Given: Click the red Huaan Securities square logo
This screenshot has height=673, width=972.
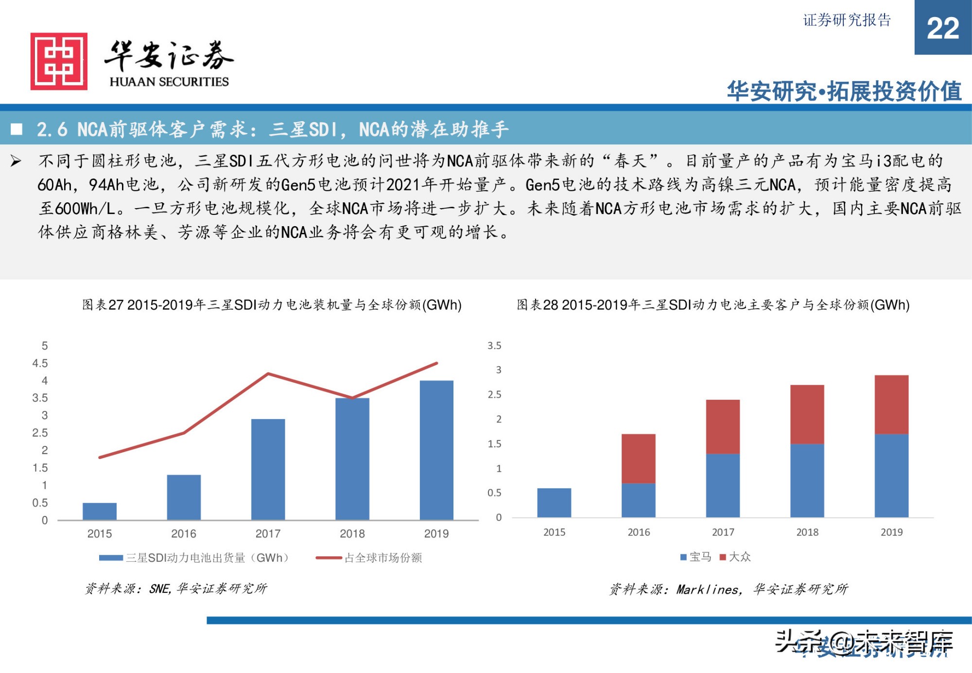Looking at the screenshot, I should coord(59,61).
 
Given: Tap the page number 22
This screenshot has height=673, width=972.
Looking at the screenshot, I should coord(942,28).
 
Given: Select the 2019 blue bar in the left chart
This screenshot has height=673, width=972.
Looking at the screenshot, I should coord(436,450).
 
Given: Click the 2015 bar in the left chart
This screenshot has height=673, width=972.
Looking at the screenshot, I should coord(100,511).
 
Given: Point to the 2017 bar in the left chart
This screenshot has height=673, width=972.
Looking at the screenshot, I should coord(268,469).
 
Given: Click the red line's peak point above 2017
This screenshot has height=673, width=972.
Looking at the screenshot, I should coord(268,373).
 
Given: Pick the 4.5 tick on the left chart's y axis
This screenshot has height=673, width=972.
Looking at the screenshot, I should coord(40,363).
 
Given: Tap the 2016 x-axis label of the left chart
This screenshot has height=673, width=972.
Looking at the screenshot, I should coord(183,533).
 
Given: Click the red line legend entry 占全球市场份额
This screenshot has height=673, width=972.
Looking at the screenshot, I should coord(369,558).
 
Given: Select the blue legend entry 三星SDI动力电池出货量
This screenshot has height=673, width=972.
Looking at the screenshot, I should coord(194,558).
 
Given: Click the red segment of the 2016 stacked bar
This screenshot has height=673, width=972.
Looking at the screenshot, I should coord(638,458).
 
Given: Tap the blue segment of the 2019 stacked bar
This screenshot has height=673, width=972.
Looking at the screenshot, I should coord(891,475).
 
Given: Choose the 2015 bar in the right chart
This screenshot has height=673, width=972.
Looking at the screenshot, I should coord(554,502).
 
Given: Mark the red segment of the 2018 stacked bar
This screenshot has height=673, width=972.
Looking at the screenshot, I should coord(807,414).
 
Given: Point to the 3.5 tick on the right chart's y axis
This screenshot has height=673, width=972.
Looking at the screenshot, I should coord(494,346).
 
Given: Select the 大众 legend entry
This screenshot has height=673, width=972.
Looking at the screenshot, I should coord(735,557).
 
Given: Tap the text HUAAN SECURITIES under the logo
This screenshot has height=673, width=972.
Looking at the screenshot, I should coord(169,82).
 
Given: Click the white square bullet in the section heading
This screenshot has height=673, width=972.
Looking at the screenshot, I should coord(17,129).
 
